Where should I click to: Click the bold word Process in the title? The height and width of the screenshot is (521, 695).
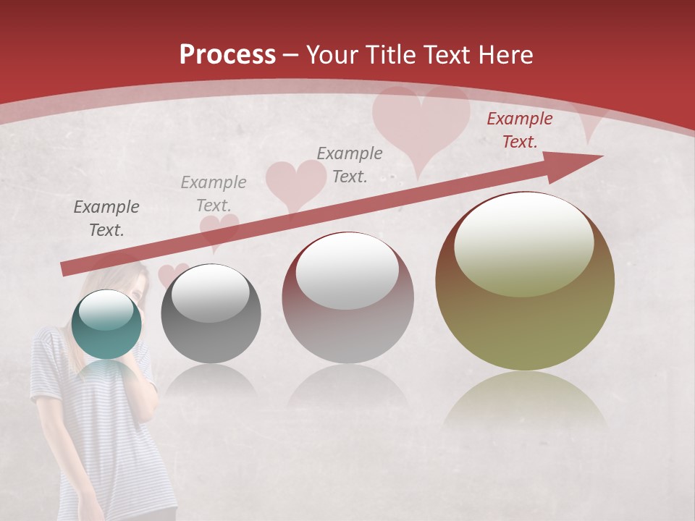coord(227,55)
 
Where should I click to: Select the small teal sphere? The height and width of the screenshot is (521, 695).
coord(107,324)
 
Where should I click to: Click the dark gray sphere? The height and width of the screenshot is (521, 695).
coord(211,313)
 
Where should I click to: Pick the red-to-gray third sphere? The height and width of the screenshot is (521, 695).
coord(347,297)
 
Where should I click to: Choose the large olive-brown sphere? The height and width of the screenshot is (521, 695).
coord(525,281)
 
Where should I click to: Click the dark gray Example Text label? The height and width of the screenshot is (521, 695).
coord(106,219)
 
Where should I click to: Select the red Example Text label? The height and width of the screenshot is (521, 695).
coord(519,130)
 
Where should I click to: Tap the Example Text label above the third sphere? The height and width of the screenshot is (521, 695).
coord(350,164)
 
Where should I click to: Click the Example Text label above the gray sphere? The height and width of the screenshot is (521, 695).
coord(213,193)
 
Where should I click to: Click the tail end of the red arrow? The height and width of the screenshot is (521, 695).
coord(67,268)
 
